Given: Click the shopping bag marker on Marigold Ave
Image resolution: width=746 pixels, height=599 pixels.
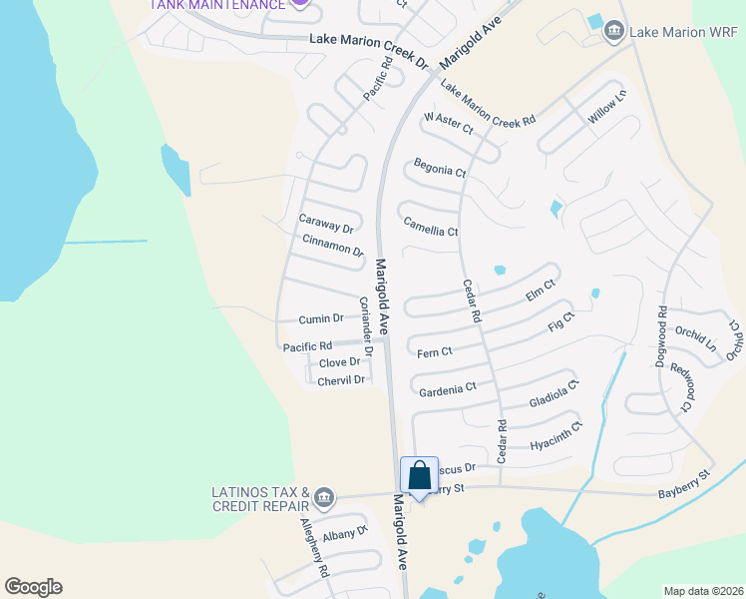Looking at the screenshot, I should click(419, 476).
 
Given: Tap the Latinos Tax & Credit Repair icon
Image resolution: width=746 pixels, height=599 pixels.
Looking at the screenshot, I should click(323, 497).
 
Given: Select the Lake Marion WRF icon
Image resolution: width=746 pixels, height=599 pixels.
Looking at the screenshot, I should click(613, 33).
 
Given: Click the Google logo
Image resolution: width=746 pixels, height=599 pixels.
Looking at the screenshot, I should click(33, 587).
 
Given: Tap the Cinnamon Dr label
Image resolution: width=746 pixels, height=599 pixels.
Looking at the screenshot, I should click(333, 245).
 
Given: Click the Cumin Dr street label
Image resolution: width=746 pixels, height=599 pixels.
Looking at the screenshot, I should click(321, 319).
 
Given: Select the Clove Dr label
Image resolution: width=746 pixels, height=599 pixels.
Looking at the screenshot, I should click(339, 362).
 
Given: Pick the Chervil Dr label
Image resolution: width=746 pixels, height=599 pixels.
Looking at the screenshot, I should click(342, 380).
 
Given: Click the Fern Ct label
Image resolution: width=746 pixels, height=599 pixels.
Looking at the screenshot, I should click(435, 351).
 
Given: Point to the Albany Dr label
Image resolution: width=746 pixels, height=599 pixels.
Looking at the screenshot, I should click(346, 534).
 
